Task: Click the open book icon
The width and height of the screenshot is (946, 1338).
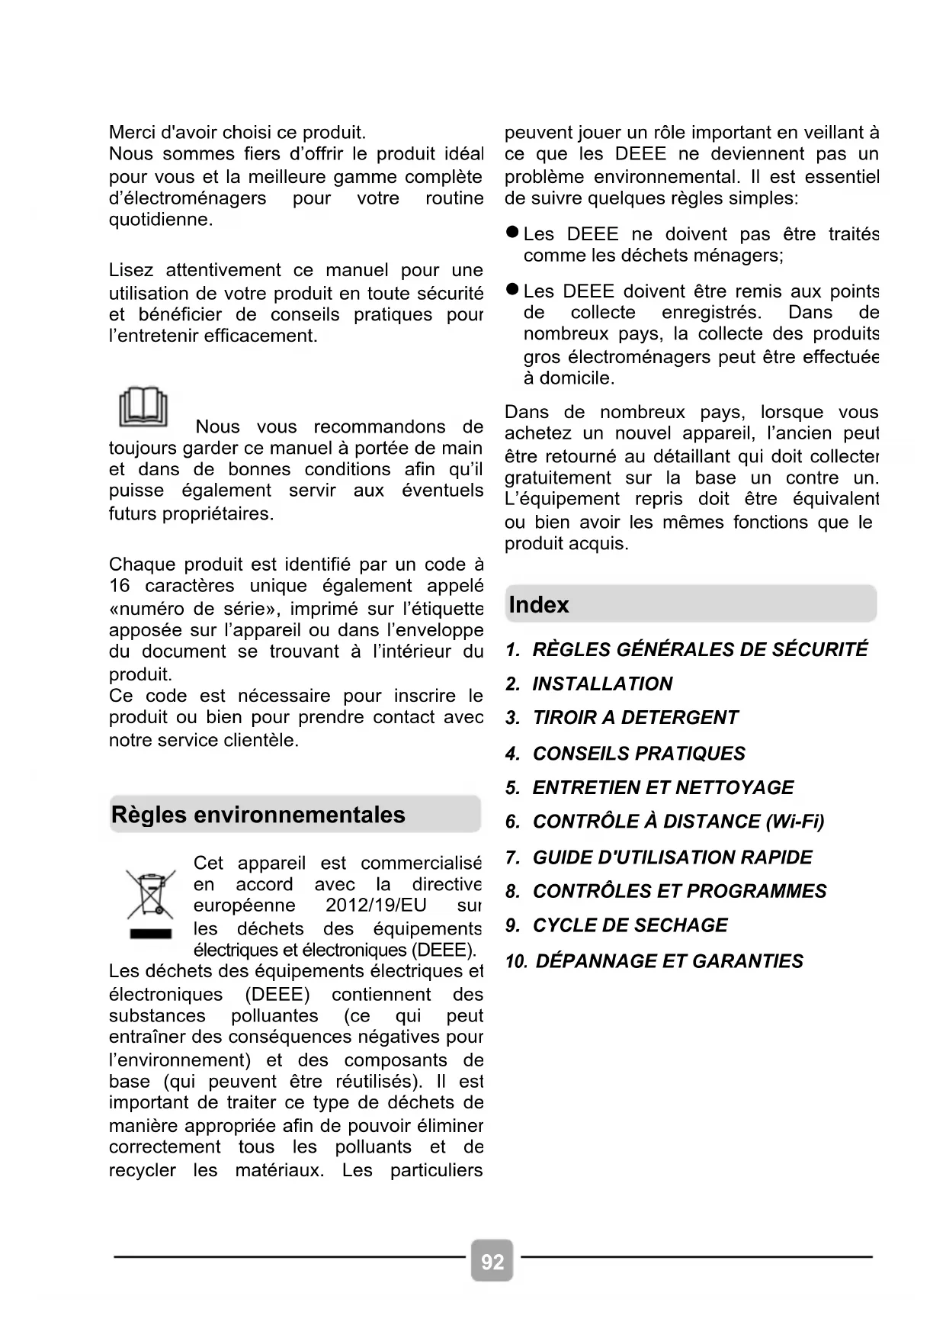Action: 143,407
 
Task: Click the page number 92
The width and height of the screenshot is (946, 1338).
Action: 492,1262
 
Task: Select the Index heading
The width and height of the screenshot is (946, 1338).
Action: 539,605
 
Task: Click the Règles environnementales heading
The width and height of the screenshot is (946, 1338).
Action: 258,815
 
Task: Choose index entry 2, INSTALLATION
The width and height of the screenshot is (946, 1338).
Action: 602,683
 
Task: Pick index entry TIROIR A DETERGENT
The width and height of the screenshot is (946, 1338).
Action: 635,718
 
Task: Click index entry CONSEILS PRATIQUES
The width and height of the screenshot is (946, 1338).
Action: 639,753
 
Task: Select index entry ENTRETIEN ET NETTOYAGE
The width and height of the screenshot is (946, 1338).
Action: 663,787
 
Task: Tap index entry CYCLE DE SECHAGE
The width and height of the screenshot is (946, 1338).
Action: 630,925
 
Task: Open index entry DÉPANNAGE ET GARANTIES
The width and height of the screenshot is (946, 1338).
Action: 669,961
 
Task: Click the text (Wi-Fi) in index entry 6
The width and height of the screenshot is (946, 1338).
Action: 795,822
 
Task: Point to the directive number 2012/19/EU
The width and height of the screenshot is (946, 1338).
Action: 376,905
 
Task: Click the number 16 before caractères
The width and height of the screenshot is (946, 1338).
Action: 120,586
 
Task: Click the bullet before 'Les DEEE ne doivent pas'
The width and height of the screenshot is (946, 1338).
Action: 513,232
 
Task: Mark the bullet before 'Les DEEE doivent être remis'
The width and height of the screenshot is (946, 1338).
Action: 513,290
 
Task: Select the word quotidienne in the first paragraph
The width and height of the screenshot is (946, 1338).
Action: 160,220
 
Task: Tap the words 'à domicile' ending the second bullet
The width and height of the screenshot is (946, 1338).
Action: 569,378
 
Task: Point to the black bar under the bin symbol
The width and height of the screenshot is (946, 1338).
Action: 150,934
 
